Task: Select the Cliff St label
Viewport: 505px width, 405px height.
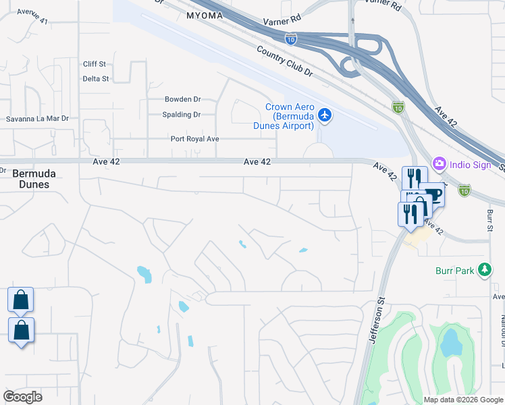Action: point(95,64)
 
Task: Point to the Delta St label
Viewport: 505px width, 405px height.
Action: point(95,79)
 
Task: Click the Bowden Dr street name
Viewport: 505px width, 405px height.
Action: point(183,99)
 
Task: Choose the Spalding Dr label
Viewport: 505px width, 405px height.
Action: point(182,115)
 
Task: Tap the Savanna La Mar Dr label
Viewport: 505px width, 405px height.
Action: point(38,119)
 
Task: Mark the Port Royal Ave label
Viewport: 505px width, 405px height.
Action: point(195,139)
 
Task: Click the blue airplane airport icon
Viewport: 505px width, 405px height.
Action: point(325,115)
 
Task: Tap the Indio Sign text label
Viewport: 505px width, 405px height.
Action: point(473,164)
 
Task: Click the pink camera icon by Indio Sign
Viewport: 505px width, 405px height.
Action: point(440,163)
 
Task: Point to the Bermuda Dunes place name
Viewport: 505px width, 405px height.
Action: point(34,179)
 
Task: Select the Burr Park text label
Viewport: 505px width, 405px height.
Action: point(455,271)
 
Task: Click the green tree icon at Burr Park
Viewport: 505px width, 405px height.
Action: point(484,270)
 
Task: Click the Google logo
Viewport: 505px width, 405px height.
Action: point(23,397)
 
